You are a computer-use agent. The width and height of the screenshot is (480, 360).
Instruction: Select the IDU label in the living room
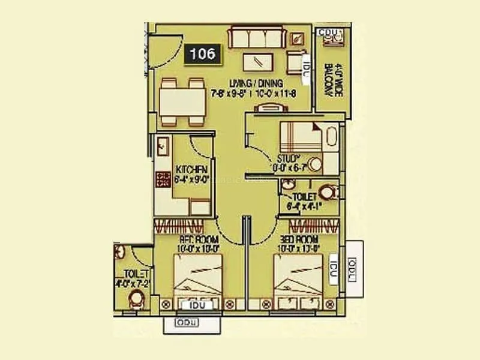305,62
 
